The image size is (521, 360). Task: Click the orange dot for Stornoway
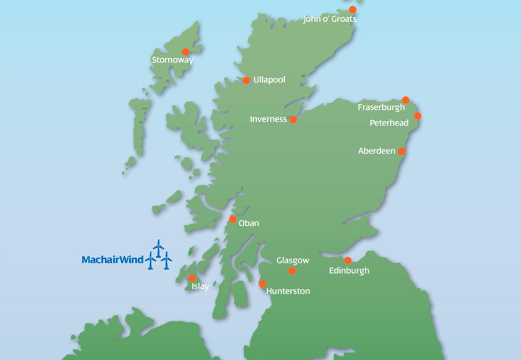[x=185, y=52]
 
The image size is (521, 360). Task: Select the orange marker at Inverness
[x=293, y=120]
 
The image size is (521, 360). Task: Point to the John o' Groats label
[x=330, y=19]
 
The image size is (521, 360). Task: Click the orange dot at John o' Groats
[x=353, y=10]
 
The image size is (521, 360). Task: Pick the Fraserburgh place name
[x=381, y=107]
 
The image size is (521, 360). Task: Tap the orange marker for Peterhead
[x=417, y=115]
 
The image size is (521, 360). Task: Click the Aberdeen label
[x=376, y=151]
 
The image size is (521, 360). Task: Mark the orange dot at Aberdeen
[x=401, y=151]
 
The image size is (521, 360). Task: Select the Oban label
[x=249, y=223]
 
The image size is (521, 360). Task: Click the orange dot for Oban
[x=233, y=219]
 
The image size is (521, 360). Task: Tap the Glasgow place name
[x=293, y=261]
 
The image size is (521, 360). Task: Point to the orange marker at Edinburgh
[x=347, y=260]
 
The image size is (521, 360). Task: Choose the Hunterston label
[x=288, y=291]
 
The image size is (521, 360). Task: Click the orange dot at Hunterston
[x=262, y=284]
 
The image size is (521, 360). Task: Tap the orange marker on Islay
[x=192, y=278]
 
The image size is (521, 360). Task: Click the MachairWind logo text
[x=112, y=259]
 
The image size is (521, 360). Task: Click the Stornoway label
[x=172, y=60]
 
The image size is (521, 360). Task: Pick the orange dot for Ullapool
[x=246, y=80]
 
